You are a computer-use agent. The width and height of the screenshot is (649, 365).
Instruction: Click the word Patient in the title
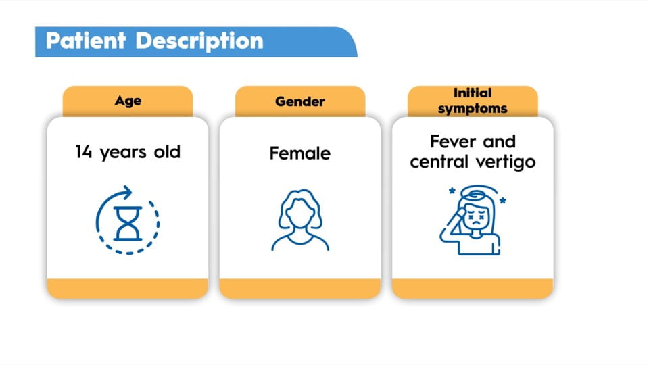[x=85, y=41]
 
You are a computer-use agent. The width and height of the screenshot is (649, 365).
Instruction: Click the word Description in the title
[x=199, y=42]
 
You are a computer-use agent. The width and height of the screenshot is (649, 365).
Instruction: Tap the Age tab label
[x=128, y=101]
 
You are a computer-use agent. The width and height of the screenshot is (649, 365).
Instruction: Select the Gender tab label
[x=300, y=101]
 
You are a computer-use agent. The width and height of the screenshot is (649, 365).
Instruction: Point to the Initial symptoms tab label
[x=473, y=101]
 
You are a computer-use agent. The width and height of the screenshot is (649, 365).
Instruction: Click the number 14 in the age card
[x=84, y=152]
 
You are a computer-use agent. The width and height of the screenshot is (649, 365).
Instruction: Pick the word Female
[x=299, y=153]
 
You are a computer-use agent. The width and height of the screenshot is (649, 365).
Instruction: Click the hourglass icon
[x=128, y=224]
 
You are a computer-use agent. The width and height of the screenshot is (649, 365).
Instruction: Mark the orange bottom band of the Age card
[x=128, y=289]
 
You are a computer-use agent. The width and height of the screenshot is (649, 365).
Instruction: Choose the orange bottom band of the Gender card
[x=300, y=289]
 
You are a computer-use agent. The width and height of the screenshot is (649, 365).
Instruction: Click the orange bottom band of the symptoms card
[x=473, y=289]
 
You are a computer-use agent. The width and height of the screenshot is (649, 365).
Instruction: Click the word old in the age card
[x=167, y=152]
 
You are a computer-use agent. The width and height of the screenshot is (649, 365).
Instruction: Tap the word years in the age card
[x=123, y=153]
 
